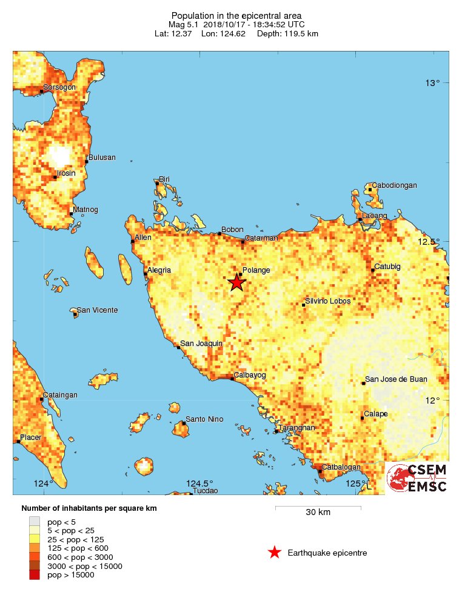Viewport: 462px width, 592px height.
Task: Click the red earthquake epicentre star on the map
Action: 236,282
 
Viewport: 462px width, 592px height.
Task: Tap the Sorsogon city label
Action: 59,87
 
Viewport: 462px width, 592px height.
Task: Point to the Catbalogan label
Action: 341,467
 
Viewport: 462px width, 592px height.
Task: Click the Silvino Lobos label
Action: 327,301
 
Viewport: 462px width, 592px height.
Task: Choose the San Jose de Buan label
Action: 396,379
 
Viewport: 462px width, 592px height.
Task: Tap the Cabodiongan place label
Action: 394,185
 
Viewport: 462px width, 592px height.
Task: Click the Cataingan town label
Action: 60,395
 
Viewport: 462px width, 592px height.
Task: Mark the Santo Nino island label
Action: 204,419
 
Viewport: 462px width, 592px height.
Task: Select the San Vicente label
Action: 97,310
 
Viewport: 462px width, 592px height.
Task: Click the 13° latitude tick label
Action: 432,83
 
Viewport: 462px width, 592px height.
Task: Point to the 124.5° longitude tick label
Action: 199,484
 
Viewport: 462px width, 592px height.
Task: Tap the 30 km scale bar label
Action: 318,513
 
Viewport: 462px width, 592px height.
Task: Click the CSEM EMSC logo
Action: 417,478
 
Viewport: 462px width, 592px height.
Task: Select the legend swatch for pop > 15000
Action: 35,575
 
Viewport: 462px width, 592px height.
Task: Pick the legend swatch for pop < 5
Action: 35,520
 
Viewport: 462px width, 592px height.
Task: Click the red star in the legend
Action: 275,552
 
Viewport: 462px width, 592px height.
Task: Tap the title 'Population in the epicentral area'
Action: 236,15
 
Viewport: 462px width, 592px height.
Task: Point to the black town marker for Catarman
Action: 243,242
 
